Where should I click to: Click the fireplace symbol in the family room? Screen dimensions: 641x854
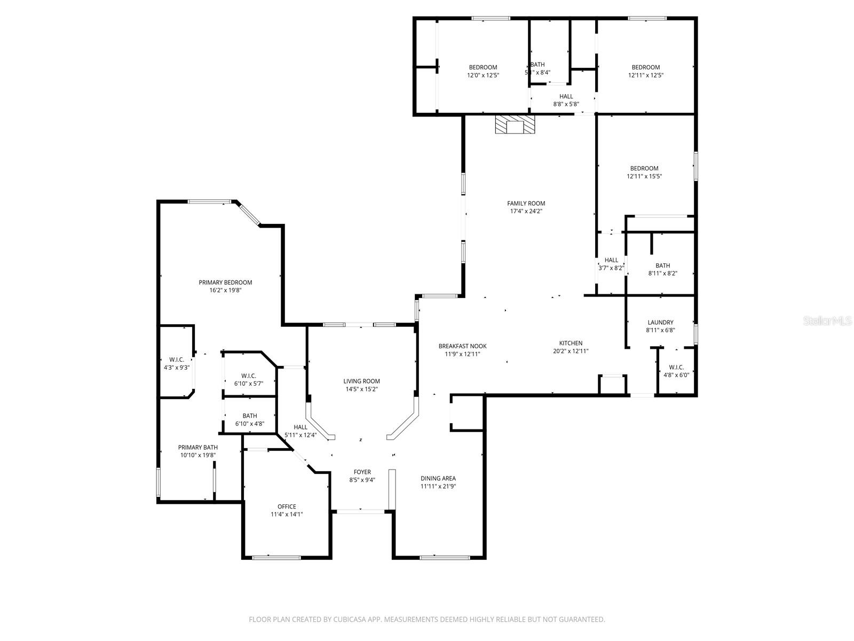click(515, 125)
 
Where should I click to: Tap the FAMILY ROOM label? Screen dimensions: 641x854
click(526, 203)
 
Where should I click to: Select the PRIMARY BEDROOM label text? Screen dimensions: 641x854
click(225, 283)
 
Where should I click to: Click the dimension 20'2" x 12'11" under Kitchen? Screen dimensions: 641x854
click(571, 351)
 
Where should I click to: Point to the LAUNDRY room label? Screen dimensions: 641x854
click(660, 322)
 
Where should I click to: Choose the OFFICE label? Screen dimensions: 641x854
click(287, 506)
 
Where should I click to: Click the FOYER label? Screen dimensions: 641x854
click(362, 472)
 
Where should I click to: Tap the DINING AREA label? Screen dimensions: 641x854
click(438, 478)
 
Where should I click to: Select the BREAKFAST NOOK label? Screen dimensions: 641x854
click(462, 346)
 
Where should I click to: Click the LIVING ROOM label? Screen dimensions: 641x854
click(361, 381)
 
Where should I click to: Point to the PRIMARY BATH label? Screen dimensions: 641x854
click(198, 447)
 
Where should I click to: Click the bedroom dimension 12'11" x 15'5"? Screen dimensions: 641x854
click(644, 176)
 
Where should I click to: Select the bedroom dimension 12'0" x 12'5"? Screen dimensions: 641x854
click(483, 75)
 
